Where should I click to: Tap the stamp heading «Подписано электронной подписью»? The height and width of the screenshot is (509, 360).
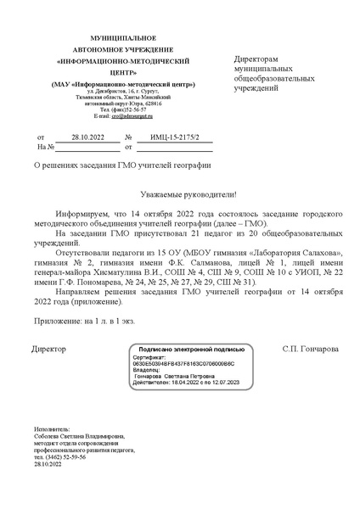(x=183, y=349)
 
